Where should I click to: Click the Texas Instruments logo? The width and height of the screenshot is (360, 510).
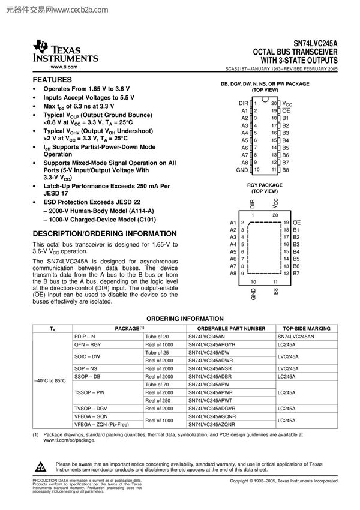[x=65, y=52]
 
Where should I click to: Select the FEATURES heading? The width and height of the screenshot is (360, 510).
[x=52, y=80]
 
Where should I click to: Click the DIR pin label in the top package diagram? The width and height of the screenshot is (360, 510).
[x=243, y=103]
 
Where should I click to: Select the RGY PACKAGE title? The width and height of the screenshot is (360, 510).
[x=265, y=185]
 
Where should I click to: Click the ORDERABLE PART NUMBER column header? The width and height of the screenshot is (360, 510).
[x=226, y=329]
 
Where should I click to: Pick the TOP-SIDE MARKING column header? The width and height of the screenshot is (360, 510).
[x=307, y=329]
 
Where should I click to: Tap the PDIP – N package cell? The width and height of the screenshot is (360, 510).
[x=85, y=337]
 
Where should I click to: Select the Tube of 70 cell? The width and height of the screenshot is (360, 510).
[x=158, y=385]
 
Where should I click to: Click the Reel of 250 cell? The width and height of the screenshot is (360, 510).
[x=158, y=400]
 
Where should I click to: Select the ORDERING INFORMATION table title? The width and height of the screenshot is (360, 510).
[x=180, y=319]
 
